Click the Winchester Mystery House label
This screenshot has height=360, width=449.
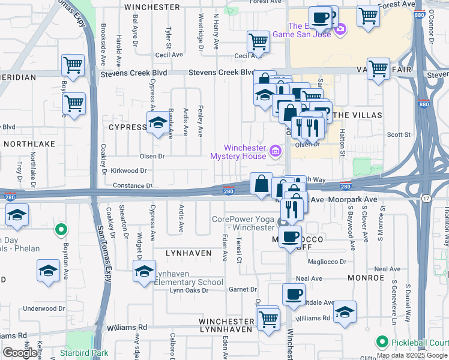coord(238,152)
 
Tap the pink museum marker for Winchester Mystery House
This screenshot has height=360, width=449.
coord(276,150)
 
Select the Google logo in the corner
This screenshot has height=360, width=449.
coord(20,353)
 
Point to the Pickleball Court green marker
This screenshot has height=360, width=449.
coord(381,342)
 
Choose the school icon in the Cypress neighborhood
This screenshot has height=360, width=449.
coord(158,123)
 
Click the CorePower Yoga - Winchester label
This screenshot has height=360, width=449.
coord(243,223)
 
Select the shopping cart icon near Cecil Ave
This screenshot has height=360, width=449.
coord(259,41)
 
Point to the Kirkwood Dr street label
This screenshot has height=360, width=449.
coord(128,170)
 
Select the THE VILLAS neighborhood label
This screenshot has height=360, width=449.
coord(354,114)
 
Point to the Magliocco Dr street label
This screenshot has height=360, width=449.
coord(326,262)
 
